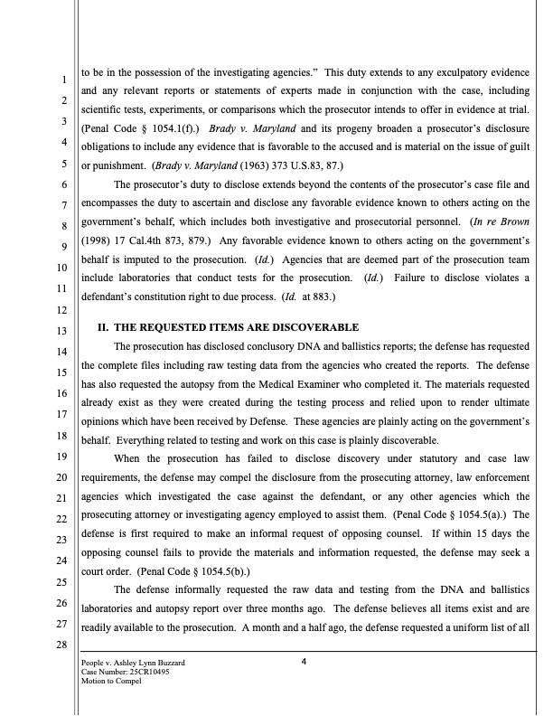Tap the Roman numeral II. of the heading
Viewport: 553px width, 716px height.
click(103, 326)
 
